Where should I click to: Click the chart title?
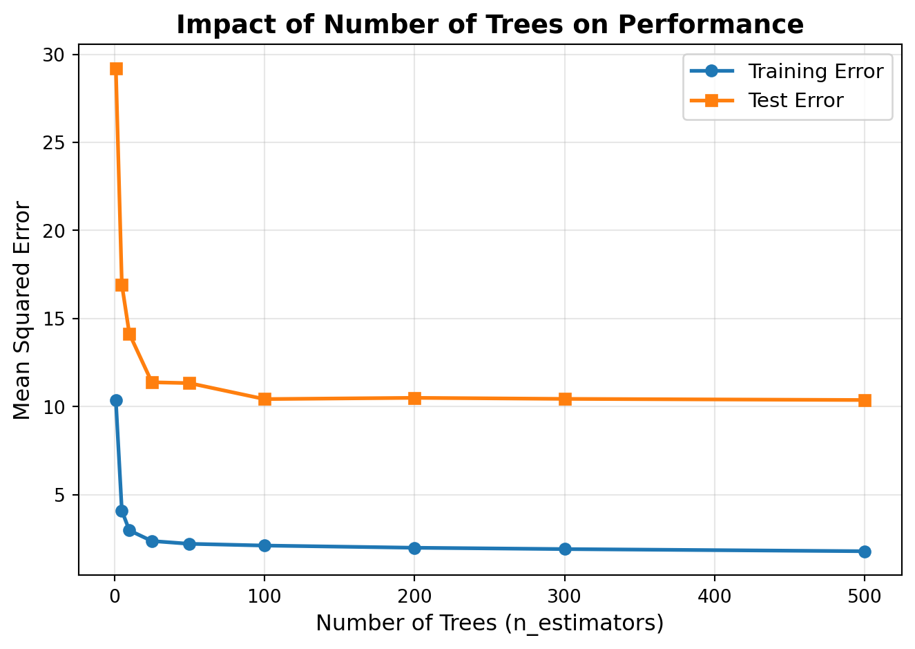490,25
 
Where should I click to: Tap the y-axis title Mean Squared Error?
22,310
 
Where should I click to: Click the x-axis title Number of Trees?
490,623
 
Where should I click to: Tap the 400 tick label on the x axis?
714,595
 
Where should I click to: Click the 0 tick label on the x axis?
115,595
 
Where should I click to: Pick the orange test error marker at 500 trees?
865,400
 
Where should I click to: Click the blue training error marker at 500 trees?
865,552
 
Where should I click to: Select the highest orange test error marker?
116,68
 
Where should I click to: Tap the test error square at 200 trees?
414,397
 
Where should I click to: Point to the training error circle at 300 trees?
565,549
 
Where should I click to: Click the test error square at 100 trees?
264,399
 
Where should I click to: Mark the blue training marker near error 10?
116,400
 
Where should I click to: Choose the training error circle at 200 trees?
414,548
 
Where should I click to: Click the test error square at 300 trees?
565,398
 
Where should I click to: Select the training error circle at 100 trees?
264,545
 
